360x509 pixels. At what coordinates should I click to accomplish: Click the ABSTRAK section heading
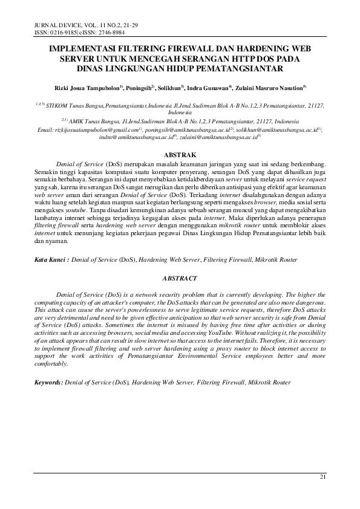180,155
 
